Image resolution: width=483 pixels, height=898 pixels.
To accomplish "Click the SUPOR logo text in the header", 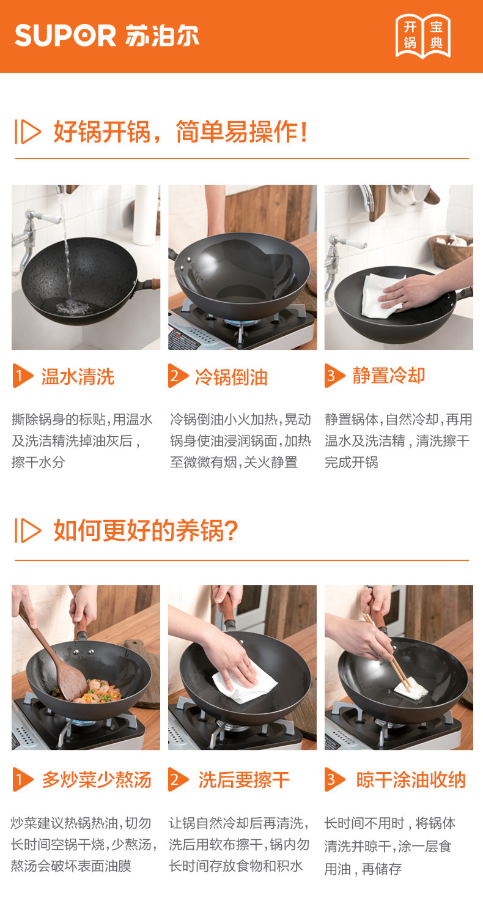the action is coord(65,35).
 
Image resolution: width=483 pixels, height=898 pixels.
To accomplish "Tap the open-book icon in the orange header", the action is coord(423,36).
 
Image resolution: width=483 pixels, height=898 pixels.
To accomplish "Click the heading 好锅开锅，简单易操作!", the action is coord(181,132).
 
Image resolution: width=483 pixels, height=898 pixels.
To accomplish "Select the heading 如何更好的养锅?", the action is coord(146,530).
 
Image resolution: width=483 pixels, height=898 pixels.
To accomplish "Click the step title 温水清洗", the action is coord(78,377).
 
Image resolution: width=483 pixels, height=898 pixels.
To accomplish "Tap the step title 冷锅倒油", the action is coord(231,377).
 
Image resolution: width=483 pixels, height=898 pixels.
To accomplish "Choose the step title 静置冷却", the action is coord(388,376).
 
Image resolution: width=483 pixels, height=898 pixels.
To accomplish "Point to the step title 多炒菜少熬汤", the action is coord(97,780).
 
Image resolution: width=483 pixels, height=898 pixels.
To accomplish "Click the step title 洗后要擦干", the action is coord(244,780).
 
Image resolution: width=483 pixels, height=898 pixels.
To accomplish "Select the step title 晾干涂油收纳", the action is coord(411,780).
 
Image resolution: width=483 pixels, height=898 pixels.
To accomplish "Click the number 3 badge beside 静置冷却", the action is coord(334,376).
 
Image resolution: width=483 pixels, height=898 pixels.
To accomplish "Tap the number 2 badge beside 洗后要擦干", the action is coord(178,780).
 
